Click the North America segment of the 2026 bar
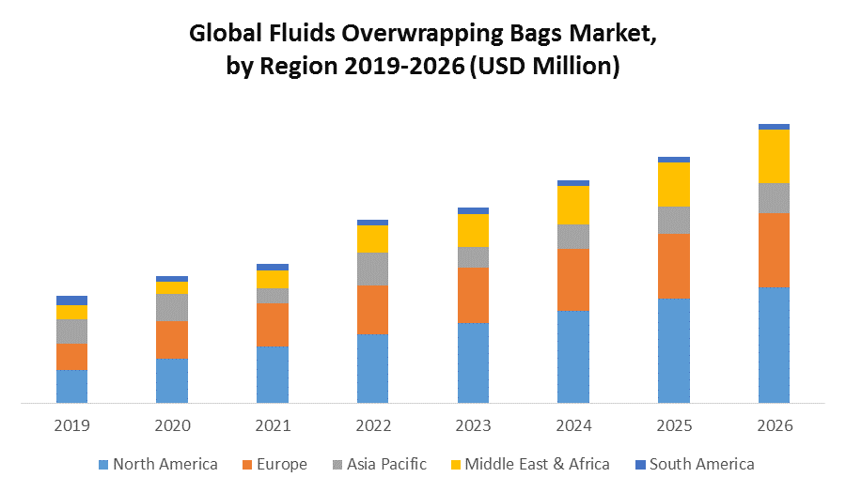point(774,345)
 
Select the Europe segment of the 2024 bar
point(573,280)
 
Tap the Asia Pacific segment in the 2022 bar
point(372,269)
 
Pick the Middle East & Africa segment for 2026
point(774,156)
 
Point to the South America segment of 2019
point(71,300)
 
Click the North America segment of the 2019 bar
point(71,386)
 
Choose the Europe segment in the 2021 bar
point(273,325)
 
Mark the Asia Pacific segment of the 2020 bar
point(172,307)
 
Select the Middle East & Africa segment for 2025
point(674,184)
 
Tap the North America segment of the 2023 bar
point(473,362)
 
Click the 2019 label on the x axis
point(71,425)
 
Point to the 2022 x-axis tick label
point(372,425)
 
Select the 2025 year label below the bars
point(674,425)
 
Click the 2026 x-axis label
point(774,425)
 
